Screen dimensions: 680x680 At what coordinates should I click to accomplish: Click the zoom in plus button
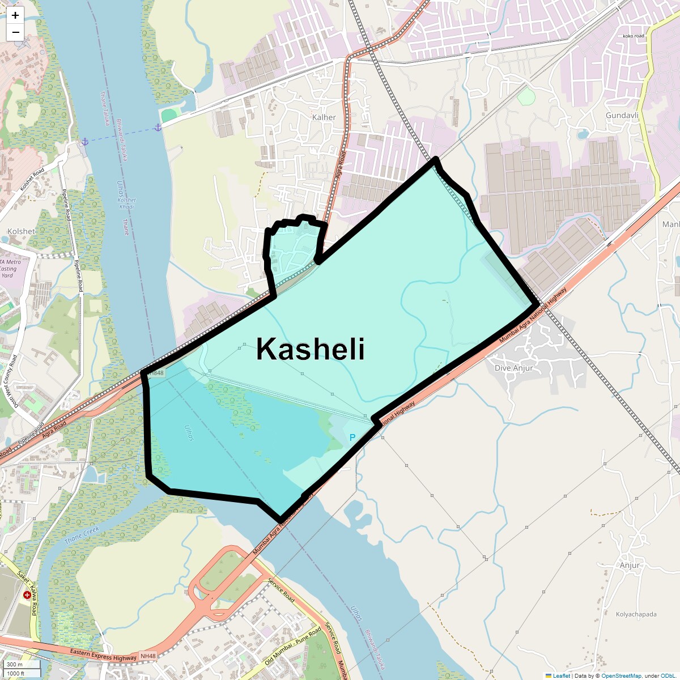click(15, 15)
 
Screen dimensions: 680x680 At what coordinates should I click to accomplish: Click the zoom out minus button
click(15, 32)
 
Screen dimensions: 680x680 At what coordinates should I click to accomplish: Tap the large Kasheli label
click(310, 348)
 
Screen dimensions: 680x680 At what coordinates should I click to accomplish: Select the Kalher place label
click(324, 117)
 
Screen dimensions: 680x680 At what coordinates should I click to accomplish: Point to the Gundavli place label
click(622, 115)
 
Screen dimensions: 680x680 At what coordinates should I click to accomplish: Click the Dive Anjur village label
click(514, 368)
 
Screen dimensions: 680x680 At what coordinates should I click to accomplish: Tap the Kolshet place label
click(21, 231)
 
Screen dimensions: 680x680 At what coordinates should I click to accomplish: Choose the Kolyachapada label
click(636, 614)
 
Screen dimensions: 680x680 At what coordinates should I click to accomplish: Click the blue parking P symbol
click(352, 437)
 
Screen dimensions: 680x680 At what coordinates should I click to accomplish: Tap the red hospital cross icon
click(27, 595)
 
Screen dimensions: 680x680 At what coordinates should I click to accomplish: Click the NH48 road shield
click(148, 656)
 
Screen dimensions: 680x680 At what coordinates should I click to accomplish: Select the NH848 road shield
click(156, 373)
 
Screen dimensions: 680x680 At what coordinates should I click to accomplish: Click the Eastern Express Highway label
click(103, 655)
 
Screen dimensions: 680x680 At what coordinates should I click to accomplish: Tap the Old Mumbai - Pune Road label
click(292, 646)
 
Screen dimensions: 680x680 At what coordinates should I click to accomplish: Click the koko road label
click(633, 36)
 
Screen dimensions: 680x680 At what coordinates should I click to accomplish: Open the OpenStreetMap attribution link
click(621, 675)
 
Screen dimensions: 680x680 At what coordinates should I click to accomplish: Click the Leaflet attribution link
click(561, 675)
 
